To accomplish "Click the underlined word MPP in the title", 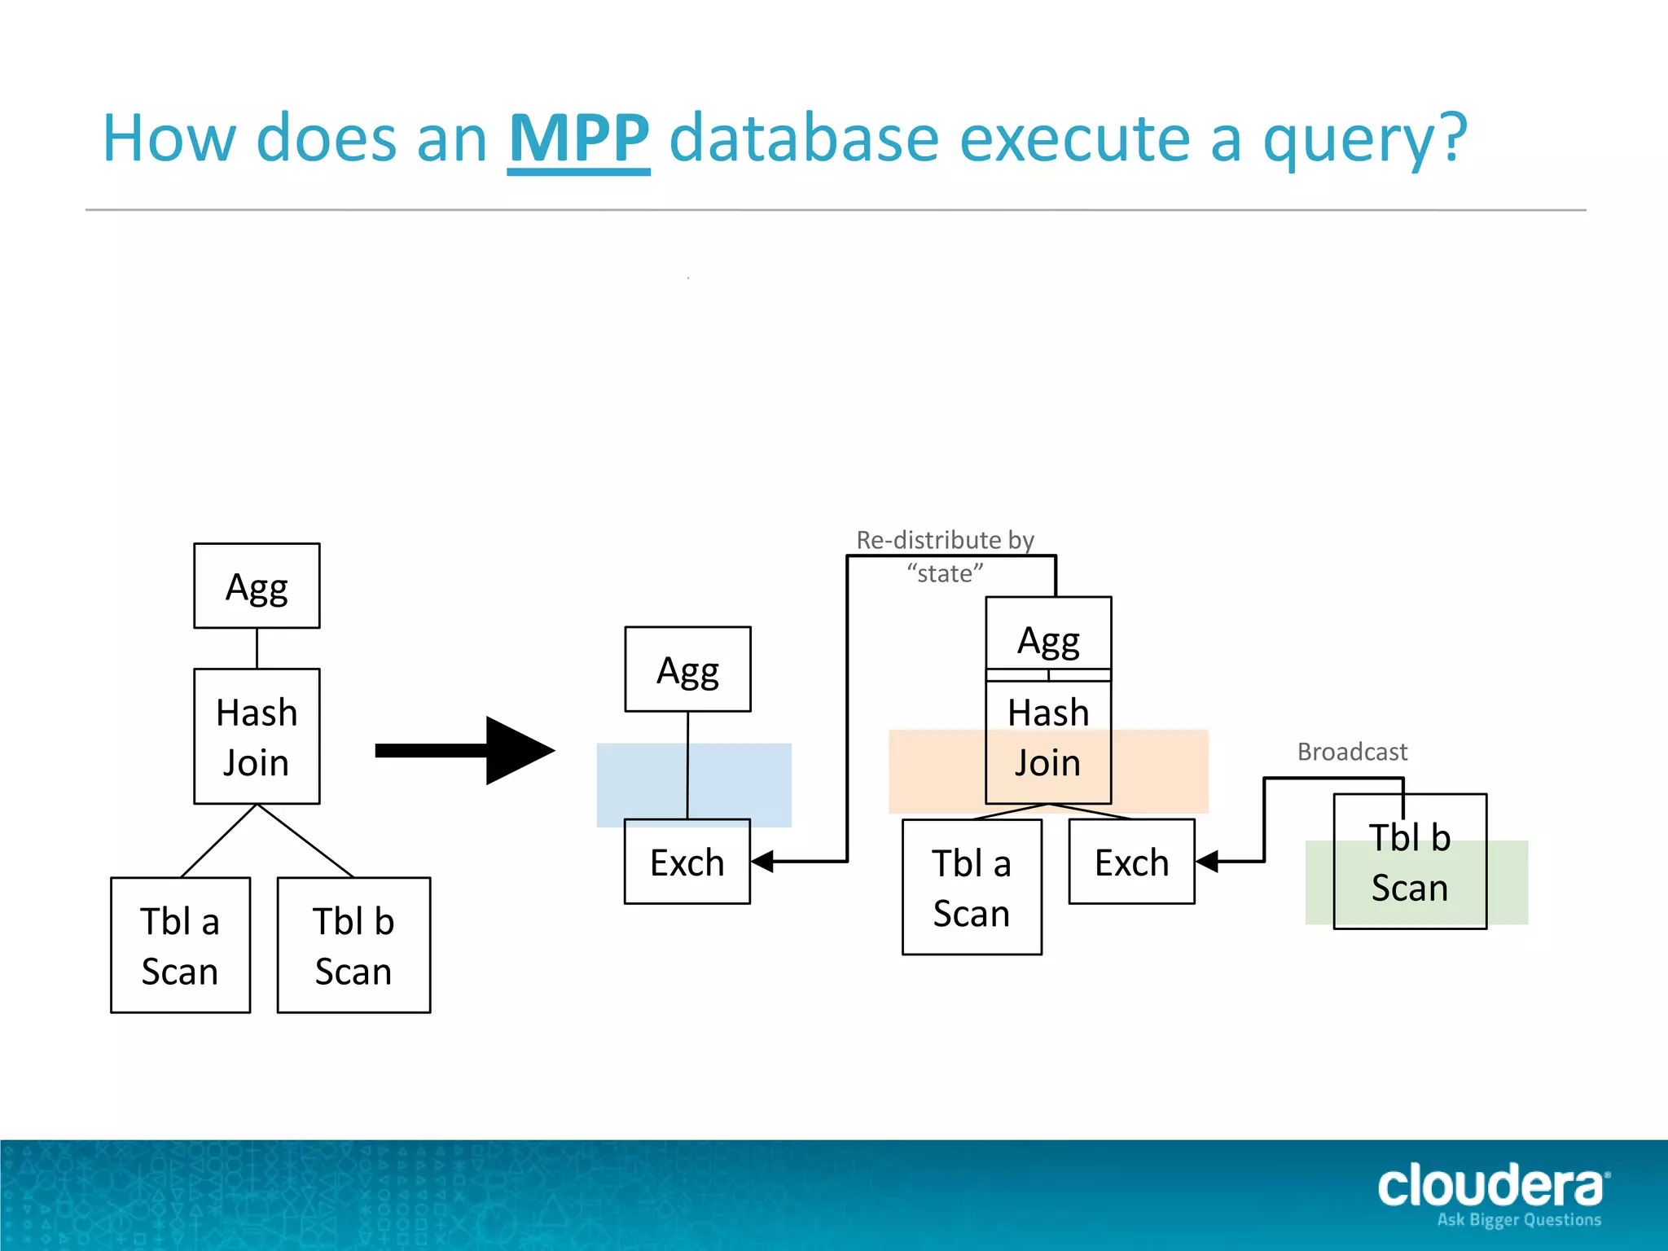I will click(x=578, y=138).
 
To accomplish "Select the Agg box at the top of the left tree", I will click(x=257, y=586).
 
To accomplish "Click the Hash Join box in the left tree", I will click(x=257, y=736).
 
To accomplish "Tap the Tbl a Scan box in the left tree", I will click(x=180, y=945).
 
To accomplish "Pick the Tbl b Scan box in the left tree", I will click(x=353, y=945).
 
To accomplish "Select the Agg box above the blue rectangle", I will click(x=687, y=669).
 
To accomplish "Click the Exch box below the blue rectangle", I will click(x=687, y=862).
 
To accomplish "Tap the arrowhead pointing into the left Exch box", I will click(x=762, y=862).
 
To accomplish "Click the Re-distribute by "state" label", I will click(x=945, y=556).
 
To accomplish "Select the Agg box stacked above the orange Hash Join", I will click(x=1048, y=634).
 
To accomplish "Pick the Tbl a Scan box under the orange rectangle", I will click(x=972, y=887).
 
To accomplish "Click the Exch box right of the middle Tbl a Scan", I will click(x=1131, y=862).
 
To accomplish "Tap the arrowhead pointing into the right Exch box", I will click(x=1207, y=861).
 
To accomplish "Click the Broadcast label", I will click(x=1352, y=752).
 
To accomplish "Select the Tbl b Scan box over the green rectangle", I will click(x=1410, y=862).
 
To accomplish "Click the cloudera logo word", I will click(x=1490, y=1186).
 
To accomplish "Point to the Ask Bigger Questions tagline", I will click(x=1519, y=1220).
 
